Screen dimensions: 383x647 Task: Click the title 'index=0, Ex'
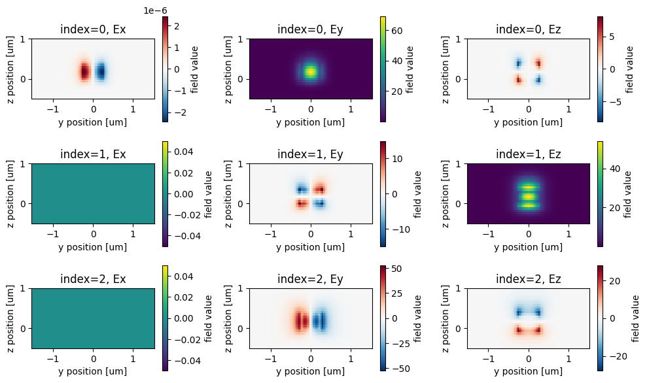[x=93, y=29]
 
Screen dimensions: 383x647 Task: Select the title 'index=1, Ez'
[x=528, y=154]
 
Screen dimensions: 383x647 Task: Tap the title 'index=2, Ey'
[x=311, y=279]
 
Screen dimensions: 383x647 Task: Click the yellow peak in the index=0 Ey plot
[x=311, y=71]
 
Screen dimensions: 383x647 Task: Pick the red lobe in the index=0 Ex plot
[x=84, y=71]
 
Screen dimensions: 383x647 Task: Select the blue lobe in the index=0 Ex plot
[x=101, y=71]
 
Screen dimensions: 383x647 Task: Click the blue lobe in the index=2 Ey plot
[x=320, y=322]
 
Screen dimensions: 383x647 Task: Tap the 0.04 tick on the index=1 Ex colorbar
[x=183, y=152]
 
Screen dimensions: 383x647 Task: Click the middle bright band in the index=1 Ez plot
[x=528, y=195]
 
